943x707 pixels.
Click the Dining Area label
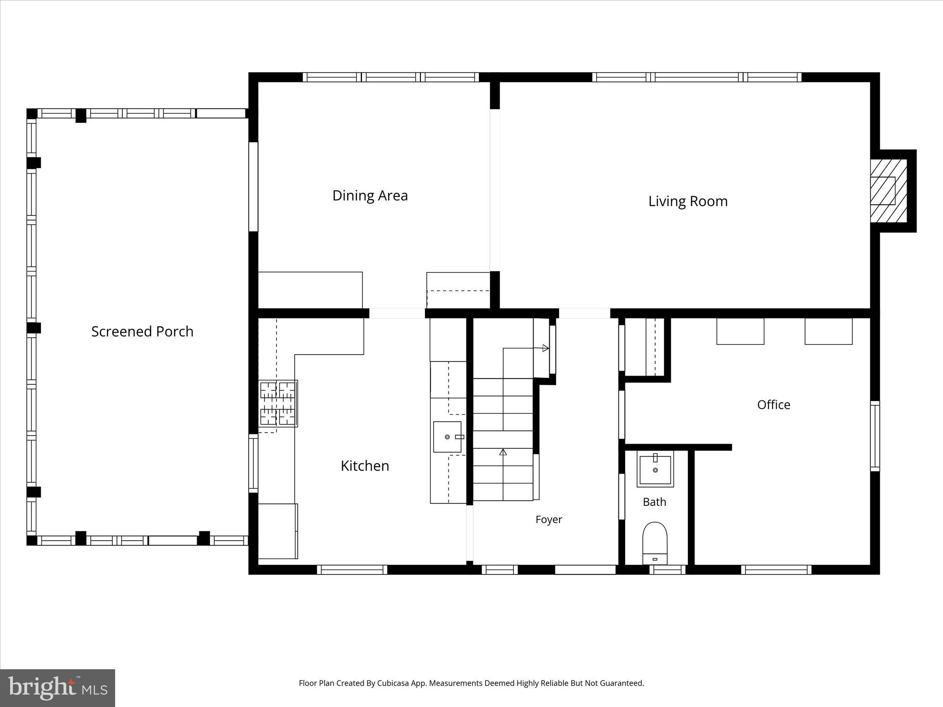pos(370,196)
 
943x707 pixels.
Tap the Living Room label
pos(688,201)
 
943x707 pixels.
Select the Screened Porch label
pos(142,331)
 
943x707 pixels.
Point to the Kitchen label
pos(365,466)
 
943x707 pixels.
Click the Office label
pos(774,405)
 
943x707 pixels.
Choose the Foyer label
pos(549,520)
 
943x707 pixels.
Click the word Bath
pos(654,502)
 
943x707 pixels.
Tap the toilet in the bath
pos(655,543)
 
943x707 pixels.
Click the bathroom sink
pos(655,469)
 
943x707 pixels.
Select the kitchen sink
pos(447,437)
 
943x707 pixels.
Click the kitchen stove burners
pos(278,403)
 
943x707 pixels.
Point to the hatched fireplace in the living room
pos(888,191)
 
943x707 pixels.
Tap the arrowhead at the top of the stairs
pos(546,348)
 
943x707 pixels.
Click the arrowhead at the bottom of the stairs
pos(503,452)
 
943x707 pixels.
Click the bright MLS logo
pos(58,688)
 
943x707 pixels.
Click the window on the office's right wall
pos(875,436)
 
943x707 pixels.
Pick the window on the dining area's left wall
pos(253,186)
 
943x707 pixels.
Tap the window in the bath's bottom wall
pos(667,570)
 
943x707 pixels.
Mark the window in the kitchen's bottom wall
pos(352,570)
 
